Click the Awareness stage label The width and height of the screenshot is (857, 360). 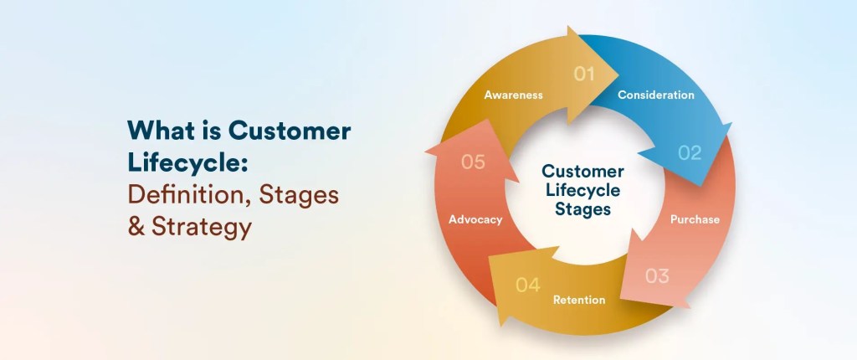(x=513, y=95)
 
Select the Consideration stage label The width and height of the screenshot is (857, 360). (x=655, y=95)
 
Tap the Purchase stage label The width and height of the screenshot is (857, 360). (x=695, y=219)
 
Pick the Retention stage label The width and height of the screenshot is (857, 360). (x=578, y=300)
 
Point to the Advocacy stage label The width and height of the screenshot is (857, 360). (x=475, y=219)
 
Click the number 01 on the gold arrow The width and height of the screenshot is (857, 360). (x=584, y=74)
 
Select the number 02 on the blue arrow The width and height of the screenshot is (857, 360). (x=690, y=152)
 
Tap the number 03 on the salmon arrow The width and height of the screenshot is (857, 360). (x=657, y=275)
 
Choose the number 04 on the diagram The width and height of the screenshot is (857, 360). (x=527, y=285)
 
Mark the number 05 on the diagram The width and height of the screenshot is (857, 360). (x=473, y=162)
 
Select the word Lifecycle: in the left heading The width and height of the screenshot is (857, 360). (x=187, y=163)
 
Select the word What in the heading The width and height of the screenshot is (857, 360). (x=158, y=131)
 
